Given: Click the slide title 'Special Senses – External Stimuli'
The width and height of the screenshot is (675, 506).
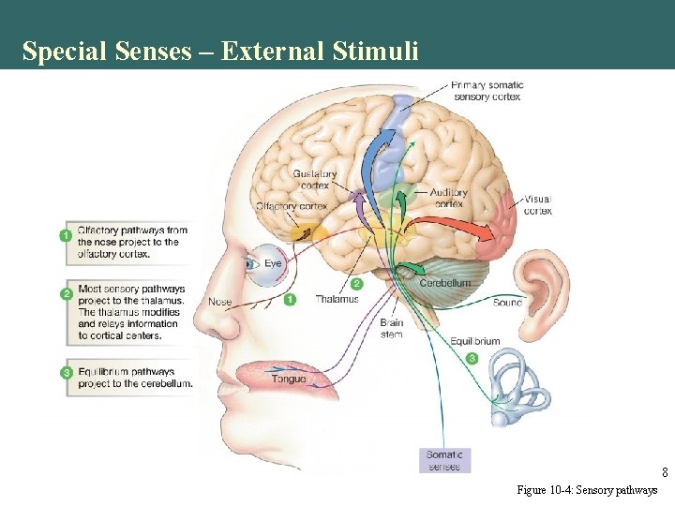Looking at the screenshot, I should tap(220, 51).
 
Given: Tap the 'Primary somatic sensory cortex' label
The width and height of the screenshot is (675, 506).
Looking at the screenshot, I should tap(487, 91).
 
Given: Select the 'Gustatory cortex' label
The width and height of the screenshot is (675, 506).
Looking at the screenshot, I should tap(314, 179).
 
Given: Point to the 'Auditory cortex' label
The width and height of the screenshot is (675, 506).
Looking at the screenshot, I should tap(449, 198).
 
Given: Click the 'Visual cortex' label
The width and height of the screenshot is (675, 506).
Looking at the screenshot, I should tap(537, 204).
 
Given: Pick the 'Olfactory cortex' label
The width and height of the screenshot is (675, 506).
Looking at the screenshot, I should tap(292, 206).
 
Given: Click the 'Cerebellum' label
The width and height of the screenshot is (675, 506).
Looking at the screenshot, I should tap(444, 283).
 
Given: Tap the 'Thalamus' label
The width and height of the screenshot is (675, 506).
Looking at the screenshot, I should tap(337, 300).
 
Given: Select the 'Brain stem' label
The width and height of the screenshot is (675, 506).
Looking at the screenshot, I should tap(392, 328).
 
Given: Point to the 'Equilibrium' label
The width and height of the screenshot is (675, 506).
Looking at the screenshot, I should tap(474, 341).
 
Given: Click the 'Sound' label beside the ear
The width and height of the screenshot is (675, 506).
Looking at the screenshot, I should tap(507, 303).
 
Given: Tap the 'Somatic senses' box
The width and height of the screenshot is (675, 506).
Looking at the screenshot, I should tap(444, 460).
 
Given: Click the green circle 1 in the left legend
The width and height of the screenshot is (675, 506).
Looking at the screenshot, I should tap(66, 235).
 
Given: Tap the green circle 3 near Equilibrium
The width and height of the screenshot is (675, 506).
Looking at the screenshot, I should tap(472, 358).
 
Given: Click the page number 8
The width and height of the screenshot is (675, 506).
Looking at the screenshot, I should tap(664, 472).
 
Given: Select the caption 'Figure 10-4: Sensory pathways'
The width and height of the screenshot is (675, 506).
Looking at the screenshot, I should tap(587, 490).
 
